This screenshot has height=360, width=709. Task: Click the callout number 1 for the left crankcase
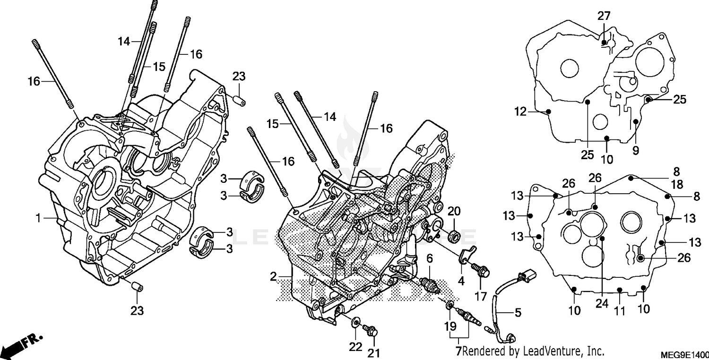pyautogui.click(x=37, y=218)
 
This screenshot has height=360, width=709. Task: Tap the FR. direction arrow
pyautogui.click(x=22, y=344)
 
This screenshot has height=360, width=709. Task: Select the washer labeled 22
pyautogui.click(x=354, y=324)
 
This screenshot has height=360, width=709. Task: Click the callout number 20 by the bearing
pyautogui.click(x=454, y=211)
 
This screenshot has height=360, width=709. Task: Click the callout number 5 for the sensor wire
pyautogui.click(x=518, y=312)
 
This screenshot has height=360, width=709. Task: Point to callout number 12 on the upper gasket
pyautogui.click(x=520, y=112)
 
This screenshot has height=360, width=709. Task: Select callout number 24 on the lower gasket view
pyautogui.click(x=601, y=304)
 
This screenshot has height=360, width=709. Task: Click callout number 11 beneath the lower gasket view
pyautogui.click(x=620, y=311)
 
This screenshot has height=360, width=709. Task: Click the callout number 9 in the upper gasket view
pyautogui.click(x=635, y=151)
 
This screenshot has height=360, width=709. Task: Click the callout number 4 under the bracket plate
pyautogui.click(x=461, y=281)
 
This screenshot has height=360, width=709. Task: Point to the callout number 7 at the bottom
pyautogui.click(x=458, y=351)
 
